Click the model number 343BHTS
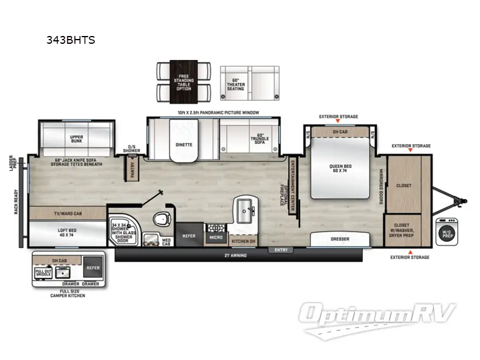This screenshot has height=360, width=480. (71, 41)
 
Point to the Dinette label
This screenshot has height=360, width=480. (184, 145)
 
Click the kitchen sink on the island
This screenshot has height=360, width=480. (245, 211)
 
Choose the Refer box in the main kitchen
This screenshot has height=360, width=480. (190, 236)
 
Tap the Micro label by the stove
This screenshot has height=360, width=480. (215, 238)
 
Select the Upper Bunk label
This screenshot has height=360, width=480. (76, 137)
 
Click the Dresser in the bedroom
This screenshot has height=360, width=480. (340, 239)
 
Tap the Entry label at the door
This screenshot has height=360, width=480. (281, 250)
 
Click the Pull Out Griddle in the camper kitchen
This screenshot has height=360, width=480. (43, 274)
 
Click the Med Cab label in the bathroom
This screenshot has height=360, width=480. (167, 241)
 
